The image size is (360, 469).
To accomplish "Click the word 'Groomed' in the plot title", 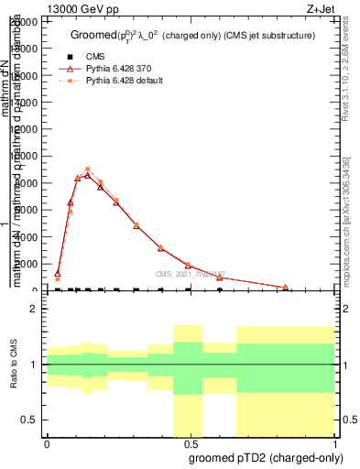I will tap(95, 35).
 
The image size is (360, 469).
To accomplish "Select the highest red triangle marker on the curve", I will tap(87, 175).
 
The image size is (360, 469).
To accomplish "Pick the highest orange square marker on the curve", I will tap(87, 169).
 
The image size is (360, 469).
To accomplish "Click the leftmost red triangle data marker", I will tap(57, 273).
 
